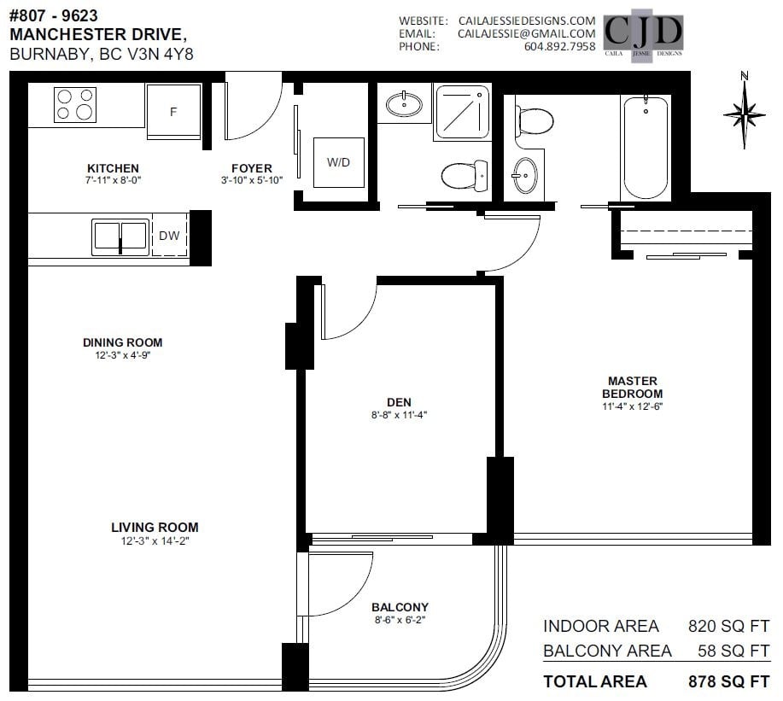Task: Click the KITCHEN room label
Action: point(113,168)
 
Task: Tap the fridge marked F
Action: point(174,111)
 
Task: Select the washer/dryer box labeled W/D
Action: point(339,162)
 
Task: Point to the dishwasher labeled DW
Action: point(169,235)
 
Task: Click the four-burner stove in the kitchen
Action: point(75,105)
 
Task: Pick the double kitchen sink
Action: point(120,237)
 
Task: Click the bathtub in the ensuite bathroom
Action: point(646,149)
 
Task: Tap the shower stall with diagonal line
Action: point(463,111)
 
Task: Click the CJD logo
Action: point(643,35)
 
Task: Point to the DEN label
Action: point(399,402)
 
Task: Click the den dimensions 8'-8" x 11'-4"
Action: point(399,414)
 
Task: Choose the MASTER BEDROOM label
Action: point(632,387)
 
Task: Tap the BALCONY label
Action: point(400,607)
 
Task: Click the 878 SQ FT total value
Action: point(729,681)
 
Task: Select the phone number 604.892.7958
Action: point(560,46)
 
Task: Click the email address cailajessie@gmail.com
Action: point(527,33)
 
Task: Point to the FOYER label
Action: point(252,168)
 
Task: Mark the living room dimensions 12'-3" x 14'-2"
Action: point(155,540)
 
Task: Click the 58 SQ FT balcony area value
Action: point(733,651)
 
